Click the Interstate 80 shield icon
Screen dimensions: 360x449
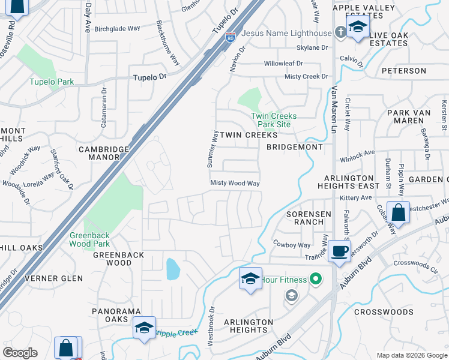point(230,38)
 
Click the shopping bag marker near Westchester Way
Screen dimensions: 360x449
point(398,212)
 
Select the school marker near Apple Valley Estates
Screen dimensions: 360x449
point(358,28)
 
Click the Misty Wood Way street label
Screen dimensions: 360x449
point(235,183)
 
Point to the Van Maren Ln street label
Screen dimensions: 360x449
point(334,114)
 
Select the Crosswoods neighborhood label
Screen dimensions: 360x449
point(384,312)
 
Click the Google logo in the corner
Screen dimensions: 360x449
point(20,352)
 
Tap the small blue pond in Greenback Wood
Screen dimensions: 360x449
point(172,269)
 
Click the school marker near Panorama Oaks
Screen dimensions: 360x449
point(145,327)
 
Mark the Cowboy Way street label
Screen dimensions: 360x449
point(292,244)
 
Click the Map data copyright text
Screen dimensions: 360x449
point(411,355)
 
